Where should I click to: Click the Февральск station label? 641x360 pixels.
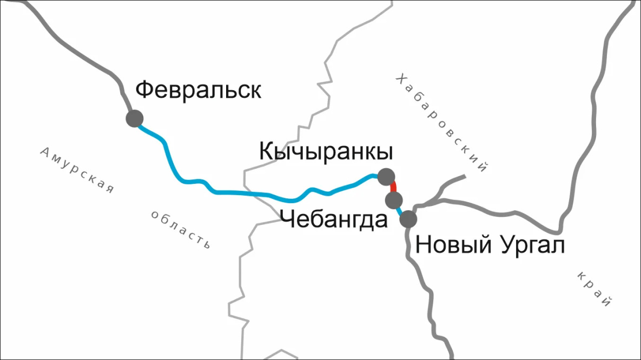(x=198, y=90)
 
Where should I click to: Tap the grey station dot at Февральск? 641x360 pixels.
(x=134, y=118)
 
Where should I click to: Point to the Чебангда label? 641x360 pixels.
(x=334, y=220)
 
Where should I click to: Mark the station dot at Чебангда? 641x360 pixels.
(x=394, y=201)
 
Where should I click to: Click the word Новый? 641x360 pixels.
(x=453, y=246)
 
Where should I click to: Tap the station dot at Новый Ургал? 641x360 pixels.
(x=408, y=219)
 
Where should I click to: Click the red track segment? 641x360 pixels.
(x=393, y=188)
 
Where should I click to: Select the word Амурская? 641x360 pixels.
(x=77, y=170)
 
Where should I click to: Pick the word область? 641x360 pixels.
(x=180, y=229)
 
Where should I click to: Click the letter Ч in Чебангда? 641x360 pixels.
(x=287, y=220)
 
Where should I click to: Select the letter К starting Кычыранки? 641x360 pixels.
(x=267, y=152)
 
